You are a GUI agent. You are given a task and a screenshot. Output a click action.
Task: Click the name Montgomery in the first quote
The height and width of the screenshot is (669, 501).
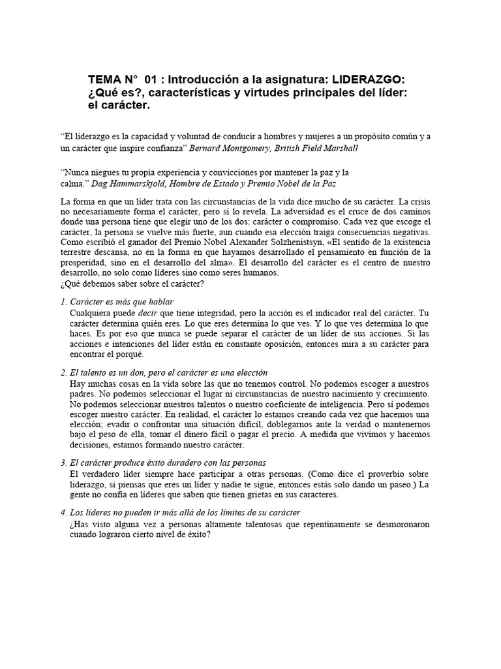(251, 148)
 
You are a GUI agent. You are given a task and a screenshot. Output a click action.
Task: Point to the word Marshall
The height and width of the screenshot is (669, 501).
(339, 148)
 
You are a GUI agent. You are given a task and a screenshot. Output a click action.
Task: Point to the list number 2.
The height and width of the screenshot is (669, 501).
(62, 372)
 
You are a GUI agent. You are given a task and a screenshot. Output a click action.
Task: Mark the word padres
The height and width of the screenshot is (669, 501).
(83, 395)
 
